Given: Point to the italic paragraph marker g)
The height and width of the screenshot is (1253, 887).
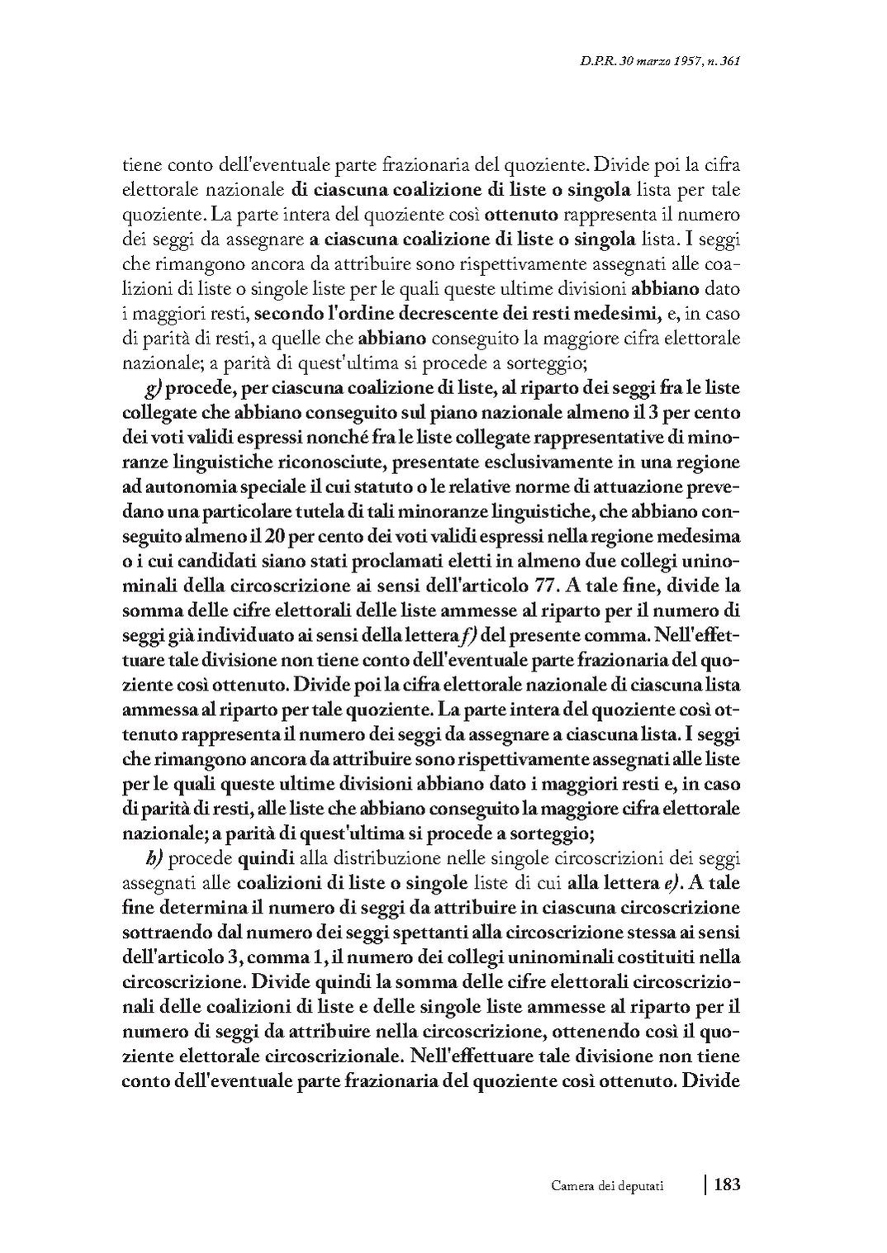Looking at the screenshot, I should tap(152, 389).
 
